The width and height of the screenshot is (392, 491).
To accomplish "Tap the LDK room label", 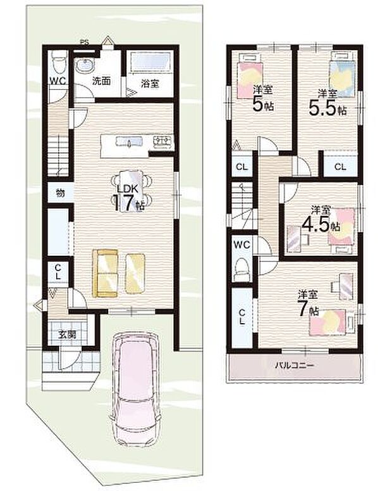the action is click(128, 189).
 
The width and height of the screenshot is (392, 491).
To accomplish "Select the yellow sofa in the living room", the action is click(106, 273).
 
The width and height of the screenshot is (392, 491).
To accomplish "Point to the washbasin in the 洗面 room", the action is click(84, 66).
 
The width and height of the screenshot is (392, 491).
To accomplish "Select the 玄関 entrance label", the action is click(67, 335).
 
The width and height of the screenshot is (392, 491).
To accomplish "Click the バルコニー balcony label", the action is click(295, 365).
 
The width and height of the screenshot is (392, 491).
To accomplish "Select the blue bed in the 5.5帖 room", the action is click(342, 75).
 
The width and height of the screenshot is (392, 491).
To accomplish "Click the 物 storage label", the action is click(61, 193).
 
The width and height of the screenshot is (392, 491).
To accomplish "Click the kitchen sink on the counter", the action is click(130, 141).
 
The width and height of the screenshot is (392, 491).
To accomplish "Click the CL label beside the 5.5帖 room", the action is click(340, 167).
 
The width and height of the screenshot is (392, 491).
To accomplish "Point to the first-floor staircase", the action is click(58, 156).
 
